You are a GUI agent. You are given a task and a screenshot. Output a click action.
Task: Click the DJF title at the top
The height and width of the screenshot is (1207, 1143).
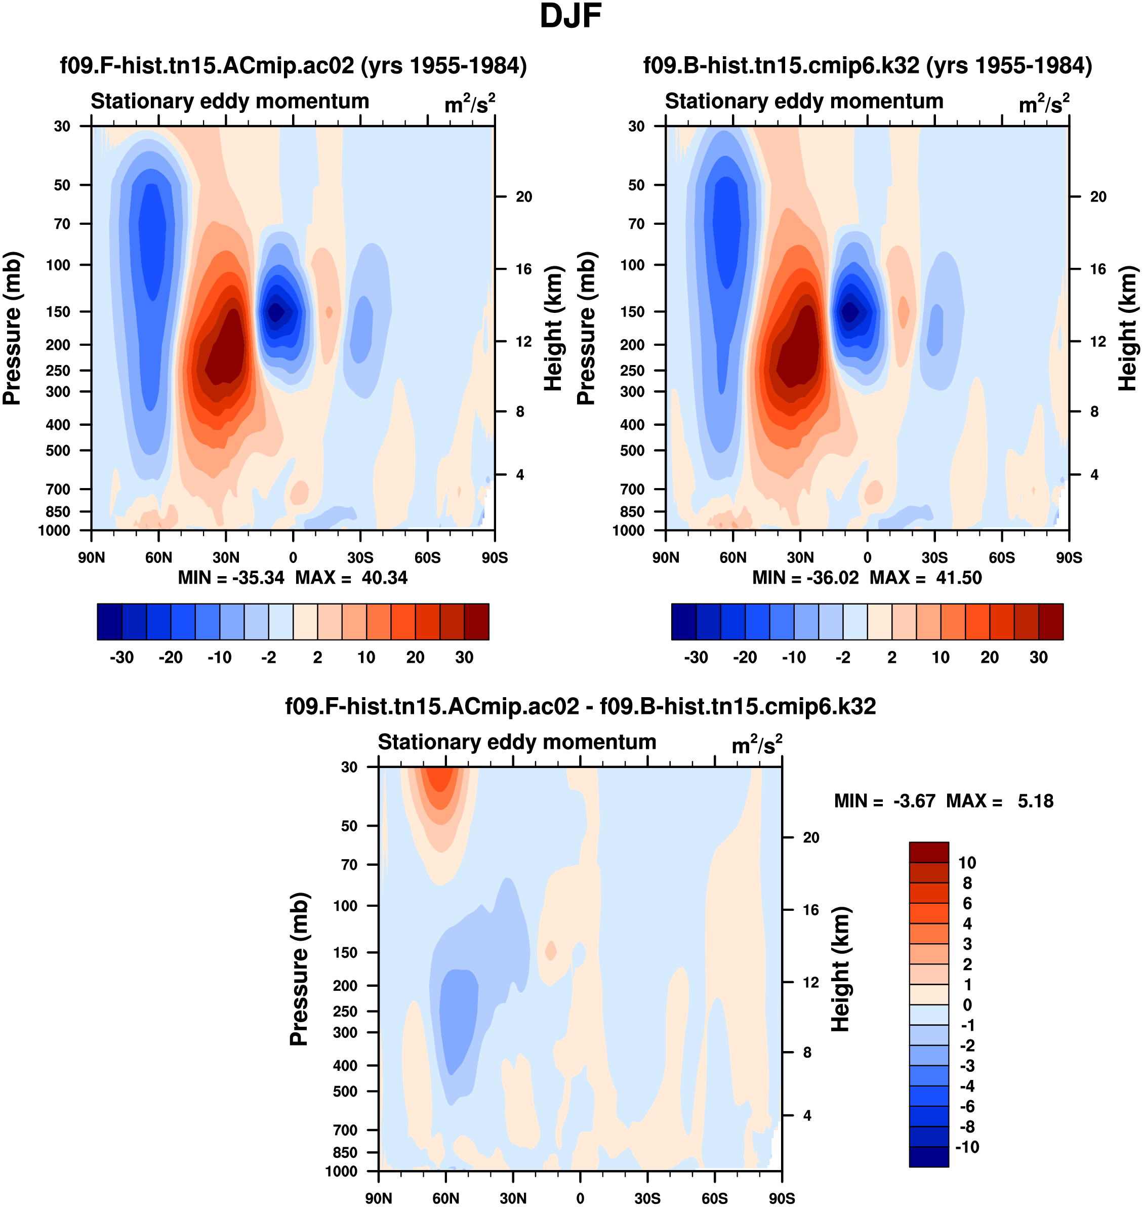(570, 16)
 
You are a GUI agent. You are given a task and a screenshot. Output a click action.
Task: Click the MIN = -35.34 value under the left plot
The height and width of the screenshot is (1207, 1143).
(231, 578)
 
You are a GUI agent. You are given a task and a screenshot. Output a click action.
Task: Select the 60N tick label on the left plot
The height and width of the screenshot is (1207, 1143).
(158, 557)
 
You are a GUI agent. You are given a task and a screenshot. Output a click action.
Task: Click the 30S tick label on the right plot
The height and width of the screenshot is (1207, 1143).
(934, 557)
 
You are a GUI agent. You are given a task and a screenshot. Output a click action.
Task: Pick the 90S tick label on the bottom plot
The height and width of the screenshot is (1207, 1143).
(781, 1198)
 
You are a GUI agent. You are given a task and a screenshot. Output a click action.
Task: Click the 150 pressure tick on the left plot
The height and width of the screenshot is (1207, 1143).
(59, 311)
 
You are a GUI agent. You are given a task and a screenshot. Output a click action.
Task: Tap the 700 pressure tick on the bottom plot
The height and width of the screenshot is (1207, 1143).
(345, 1130)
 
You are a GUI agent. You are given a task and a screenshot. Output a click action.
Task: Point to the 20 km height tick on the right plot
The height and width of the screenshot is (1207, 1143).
(1098, 197)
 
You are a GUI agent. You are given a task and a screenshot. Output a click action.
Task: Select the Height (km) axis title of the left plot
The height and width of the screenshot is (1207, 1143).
(553, 328)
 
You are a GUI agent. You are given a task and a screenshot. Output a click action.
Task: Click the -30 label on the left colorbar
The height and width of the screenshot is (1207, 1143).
(121, 658)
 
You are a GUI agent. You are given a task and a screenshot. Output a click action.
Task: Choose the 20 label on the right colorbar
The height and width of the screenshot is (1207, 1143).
(990, 658)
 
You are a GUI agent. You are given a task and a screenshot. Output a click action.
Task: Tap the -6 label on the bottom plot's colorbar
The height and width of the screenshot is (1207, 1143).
(967, 1106)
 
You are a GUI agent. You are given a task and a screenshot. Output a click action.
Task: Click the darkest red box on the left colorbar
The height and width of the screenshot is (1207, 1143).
(476, 622)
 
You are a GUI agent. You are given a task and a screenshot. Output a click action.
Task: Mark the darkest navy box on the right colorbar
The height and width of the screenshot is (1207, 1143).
(683, 622)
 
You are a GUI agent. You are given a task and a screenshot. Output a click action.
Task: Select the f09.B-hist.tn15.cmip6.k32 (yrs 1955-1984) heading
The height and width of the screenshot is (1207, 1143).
(867, 65)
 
